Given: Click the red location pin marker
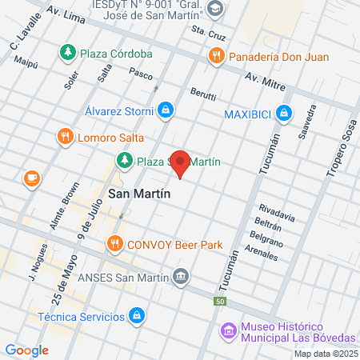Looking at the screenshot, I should (181, 163).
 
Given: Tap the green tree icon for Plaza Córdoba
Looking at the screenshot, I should (68, 53).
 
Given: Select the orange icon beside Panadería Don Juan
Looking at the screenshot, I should (215, 56).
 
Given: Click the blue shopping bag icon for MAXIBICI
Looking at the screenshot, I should (283, 114).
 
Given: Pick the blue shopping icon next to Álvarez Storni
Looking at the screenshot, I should (165, 110).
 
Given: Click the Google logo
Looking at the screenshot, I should (26, 350).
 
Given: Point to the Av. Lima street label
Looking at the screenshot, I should (66, 14).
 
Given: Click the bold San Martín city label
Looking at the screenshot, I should (140, 193).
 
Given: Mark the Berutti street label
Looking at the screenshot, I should (203, 94).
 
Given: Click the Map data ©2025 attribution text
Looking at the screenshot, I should (325, 354).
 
